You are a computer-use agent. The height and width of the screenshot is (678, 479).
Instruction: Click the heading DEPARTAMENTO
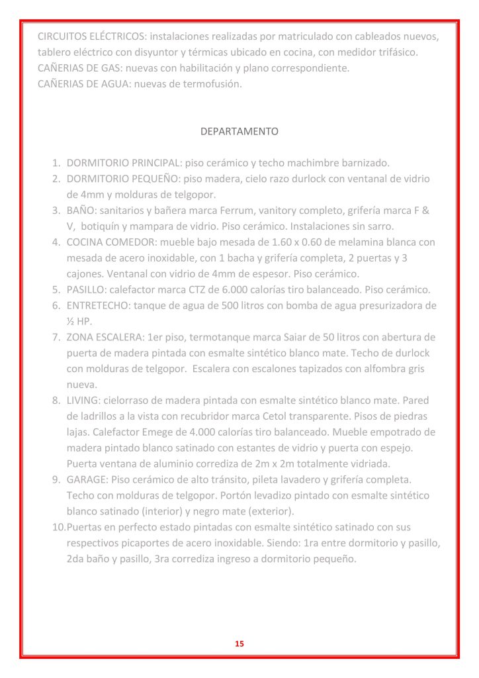pos(239,132)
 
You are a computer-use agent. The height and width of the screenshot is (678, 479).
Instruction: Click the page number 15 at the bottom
pos(239,644)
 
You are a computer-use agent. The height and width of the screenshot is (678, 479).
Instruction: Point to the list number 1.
pos(57,163)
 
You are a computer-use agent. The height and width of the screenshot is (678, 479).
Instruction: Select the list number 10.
pos(58,528)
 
